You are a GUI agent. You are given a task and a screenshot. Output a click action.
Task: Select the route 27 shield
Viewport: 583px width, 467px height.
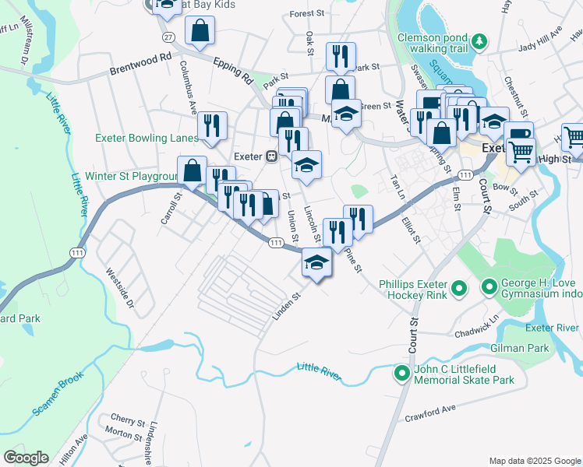pyautogui.click(x=168, y=37)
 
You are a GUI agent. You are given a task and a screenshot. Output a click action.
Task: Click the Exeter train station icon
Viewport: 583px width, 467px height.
pyautogui.click(x=272, y=156)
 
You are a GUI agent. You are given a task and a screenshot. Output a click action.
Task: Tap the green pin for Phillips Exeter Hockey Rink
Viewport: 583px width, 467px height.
pyautogui.click(x=459, y=290)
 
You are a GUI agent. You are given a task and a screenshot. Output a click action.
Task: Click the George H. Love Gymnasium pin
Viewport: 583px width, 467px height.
pyautogui.click(x=489, y=288)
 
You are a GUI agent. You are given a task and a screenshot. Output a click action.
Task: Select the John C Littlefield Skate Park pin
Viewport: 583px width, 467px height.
pyautogui.click(x=401, y=374)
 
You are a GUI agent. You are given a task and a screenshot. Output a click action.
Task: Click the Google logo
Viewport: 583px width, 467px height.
pyautogui.click(x=26, y=458)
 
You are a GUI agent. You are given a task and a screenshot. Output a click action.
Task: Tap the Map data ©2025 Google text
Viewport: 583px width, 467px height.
pyautogui.click(x=534, y=460)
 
